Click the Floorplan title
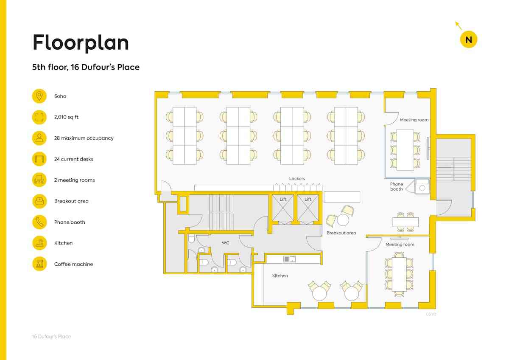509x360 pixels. (x=81, y=43)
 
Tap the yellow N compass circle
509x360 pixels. (x=469, y=39)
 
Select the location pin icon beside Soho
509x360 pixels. (x=39, y=96)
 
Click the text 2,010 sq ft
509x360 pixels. (x=66, y=117)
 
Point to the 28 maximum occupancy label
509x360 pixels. (x=84, y=138)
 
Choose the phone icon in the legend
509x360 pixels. (x=39, y=222)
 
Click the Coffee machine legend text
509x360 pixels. (x=74, y=264)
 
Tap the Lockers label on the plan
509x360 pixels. (x=297, y=179)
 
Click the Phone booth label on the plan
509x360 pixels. (x=397, y=186)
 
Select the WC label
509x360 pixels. (x=226, y=243)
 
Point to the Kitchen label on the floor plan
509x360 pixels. (x=280, y=276)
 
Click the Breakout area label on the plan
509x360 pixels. (x=341, y=233)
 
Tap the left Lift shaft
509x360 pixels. (x=283, y=208)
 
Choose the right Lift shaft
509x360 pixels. (x=308, y=208)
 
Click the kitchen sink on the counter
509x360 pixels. (x=289, y=259)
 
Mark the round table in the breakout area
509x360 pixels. (x=343, y=220)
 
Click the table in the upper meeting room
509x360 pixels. (x=405, y=150)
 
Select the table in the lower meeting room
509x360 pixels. (x=399, y=274)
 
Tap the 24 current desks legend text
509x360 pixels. (x=74, y=159)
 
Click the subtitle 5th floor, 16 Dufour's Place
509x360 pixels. (x=86, y=67)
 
